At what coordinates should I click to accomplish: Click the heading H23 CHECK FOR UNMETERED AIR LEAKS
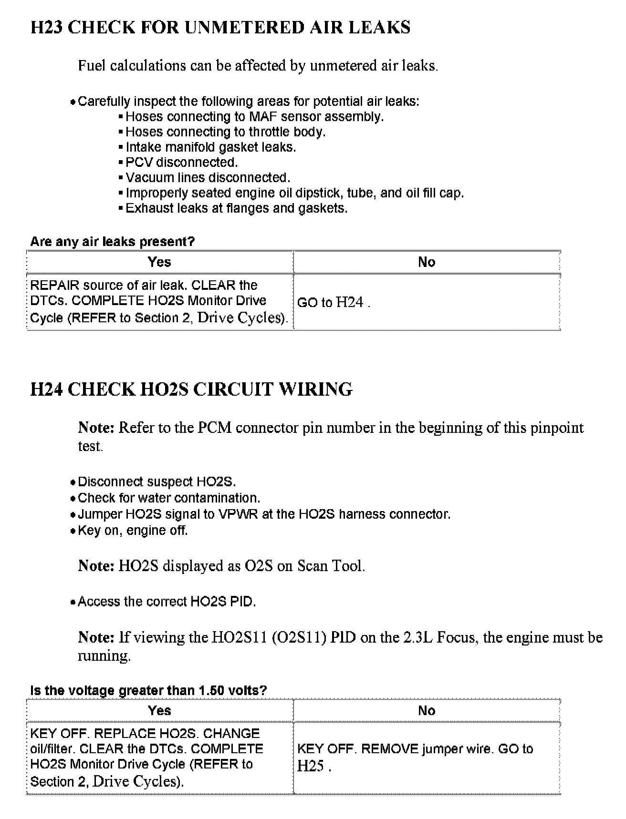coord(220,28)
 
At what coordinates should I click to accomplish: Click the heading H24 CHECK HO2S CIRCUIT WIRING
coord(191,389)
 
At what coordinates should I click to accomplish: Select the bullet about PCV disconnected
coord(181,163)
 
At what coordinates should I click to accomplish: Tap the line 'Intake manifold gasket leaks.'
coord(210,147)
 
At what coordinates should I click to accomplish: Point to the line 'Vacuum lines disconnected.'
coord(208,178)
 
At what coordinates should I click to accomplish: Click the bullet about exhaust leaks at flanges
coord(236,208)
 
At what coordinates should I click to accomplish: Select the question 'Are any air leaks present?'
coord(113,242)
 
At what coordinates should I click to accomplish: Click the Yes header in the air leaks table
coord(159,262)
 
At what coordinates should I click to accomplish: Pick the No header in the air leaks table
coord(427,262)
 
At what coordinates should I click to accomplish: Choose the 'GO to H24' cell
coord(427,302)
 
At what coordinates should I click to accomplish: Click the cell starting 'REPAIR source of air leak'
coord(159,301)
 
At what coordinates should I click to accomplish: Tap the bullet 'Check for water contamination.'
coord(169,498)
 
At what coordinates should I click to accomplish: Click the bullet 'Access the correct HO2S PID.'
coord(167,602)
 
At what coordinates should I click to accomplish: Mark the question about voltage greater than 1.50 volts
coord(148,690)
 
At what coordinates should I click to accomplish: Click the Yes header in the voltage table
coord(159,711)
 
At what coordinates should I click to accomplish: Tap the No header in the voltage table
coord(427,711)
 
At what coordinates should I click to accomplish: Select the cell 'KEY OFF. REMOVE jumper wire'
coord(427,757)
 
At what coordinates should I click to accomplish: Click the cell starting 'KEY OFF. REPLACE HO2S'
coord(159,757)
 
